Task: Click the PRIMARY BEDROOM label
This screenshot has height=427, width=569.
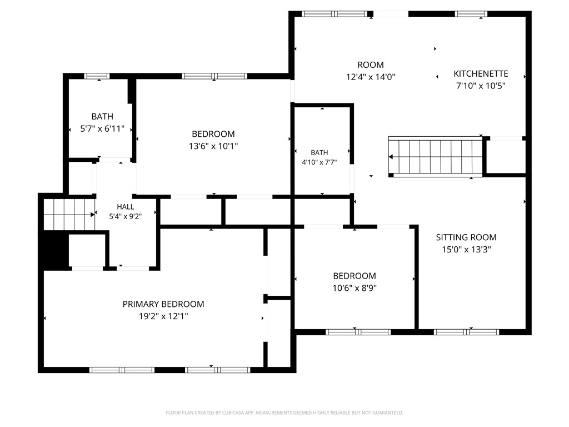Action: pos(163,304)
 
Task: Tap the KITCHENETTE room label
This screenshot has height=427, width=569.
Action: pos(481,74)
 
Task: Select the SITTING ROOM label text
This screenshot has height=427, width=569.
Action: pos(466,237)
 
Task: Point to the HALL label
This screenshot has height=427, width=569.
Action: pos(126,207)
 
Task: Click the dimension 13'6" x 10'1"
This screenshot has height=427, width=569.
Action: pos(213,146)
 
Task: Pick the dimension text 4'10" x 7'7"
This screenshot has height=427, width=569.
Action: pos(320,162)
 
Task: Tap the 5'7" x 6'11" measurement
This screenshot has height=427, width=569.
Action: pos(102,128)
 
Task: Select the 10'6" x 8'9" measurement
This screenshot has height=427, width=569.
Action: pos(355,288)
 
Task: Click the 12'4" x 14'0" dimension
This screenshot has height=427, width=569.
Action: pos(371,77)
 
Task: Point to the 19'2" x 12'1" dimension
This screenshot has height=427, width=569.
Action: pos(163,316)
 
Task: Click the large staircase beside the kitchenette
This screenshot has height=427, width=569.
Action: pos(436,157)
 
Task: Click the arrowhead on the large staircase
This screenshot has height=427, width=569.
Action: pos(391,157)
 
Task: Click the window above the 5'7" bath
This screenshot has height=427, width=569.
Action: pos(97,76)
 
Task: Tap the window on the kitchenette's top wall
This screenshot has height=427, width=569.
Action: pos(471,14)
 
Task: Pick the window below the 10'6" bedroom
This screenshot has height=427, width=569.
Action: pos(358,332)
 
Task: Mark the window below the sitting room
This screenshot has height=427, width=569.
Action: pos(466,332)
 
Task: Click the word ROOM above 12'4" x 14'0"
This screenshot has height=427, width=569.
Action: pos(371,65)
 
